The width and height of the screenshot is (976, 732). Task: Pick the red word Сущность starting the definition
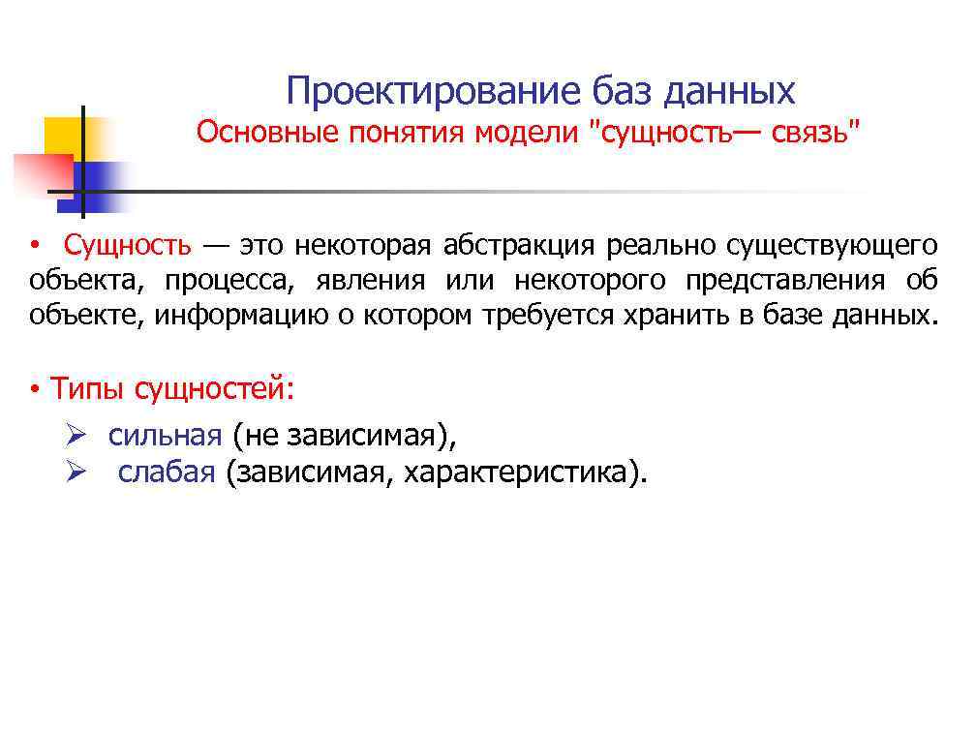[128, 245]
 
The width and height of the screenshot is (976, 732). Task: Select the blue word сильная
[165, 436]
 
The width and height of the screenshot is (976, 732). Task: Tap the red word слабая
[166, 473]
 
